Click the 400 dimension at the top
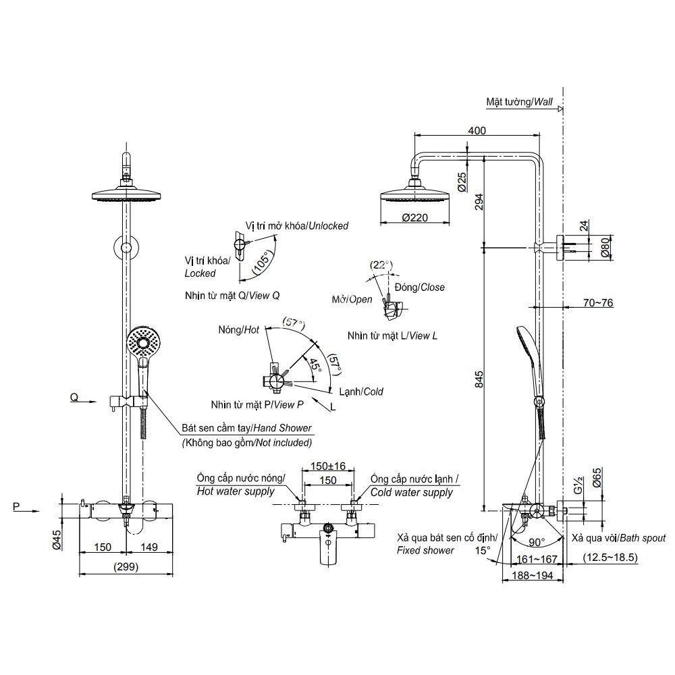(x=477, y=130)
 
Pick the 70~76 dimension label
(x=597, y=303)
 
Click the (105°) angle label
(x=263, y=264)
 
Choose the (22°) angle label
(x=381, y=265)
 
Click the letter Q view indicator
(x=74, y=398)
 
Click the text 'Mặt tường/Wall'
(x=519, y=102)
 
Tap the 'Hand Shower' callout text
(x=246, y=428)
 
